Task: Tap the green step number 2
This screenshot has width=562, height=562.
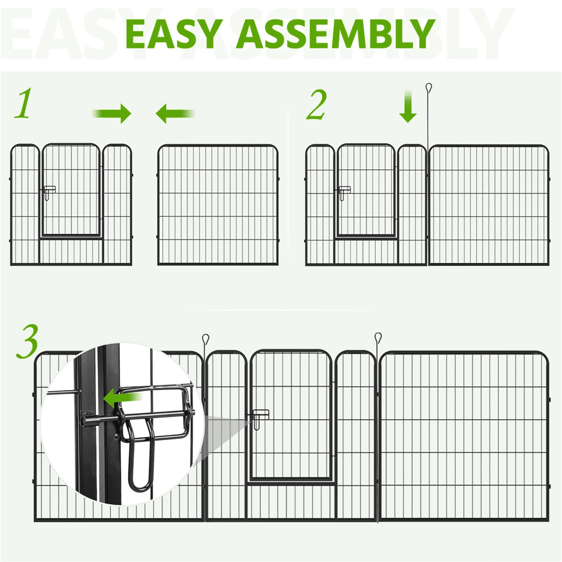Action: point(316,105)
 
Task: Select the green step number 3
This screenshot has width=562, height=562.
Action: point(27,341)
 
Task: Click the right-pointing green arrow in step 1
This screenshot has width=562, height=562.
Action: point(112,114)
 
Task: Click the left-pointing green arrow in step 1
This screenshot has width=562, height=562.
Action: point(175,114)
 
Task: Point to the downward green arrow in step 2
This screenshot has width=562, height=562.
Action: point(408,106)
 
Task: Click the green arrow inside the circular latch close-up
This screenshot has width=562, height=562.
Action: point(123,398)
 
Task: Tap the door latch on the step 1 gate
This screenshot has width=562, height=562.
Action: point(49,192)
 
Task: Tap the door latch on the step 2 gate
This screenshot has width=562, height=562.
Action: point(344,192)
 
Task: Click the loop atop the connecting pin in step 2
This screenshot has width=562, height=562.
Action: point(429,88)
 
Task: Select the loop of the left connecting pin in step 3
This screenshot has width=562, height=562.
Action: point(205,338)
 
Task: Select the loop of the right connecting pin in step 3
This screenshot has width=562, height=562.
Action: point(378,337)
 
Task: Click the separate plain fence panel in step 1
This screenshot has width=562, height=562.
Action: point(218,205)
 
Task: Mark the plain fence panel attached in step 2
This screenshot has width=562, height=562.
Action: point(489,205)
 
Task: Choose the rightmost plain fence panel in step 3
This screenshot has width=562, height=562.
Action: point(464,436)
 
